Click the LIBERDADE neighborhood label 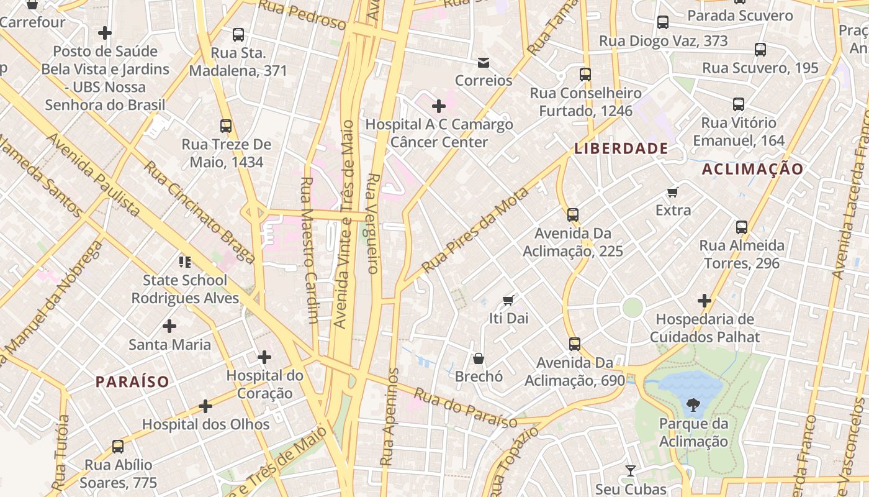pos(621,148)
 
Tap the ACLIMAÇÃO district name pos(752,169)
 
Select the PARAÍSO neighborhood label pos(132,381)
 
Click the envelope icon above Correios pos(484,63)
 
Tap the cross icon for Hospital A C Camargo pos(439,106)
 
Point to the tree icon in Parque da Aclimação pos(693,406)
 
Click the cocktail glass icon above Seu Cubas pos(631,471)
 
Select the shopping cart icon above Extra pos(673,192)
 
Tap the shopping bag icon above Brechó pos(479,358)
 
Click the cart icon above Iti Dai pos(508,301)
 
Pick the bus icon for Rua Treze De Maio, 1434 pos(226,126)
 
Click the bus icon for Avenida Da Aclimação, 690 pos(575,344)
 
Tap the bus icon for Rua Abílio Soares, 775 pos(118,446)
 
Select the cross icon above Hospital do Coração pos(264,357)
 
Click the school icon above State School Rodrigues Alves pos(185,262)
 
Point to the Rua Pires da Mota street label pos(475,230)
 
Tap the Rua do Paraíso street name pos(466,408)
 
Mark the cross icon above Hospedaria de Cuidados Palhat pos(705,301)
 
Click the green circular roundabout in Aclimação pos(633,308)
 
